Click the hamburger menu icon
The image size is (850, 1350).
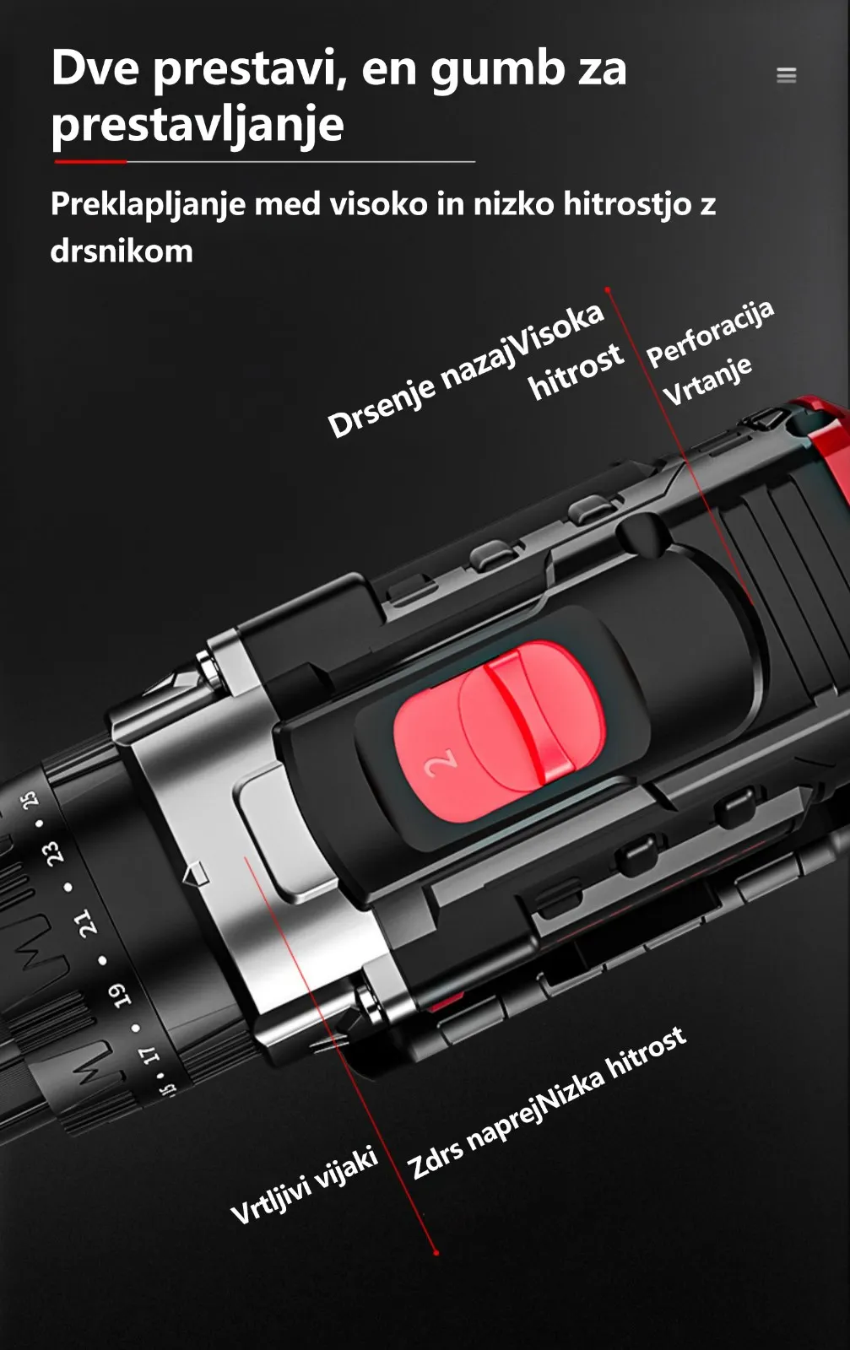click(x=786, y=75)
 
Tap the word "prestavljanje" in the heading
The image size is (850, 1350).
click(x=198, y=126)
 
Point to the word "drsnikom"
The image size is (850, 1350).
click(x=122, y=250)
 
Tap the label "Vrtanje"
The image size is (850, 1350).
click(x=707, y=381)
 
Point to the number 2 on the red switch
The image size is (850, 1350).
click(x=440, y=764)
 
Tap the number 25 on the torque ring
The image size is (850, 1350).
click(x=29, y=799)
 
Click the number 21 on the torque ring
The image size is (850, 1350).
click(x=85, y=922)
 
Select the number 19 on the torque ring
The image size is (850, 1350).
click(x=119, y=996)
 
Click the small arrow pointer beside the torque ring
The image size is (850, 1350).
click(x=195, y=873)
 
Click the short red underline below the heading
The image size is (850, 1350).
click(x=90, y=161)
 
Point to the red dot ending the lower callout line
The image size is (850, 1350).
click(x=436, y=1253)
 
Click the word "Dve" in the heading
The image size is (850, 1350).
click(x=95, y=68)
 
